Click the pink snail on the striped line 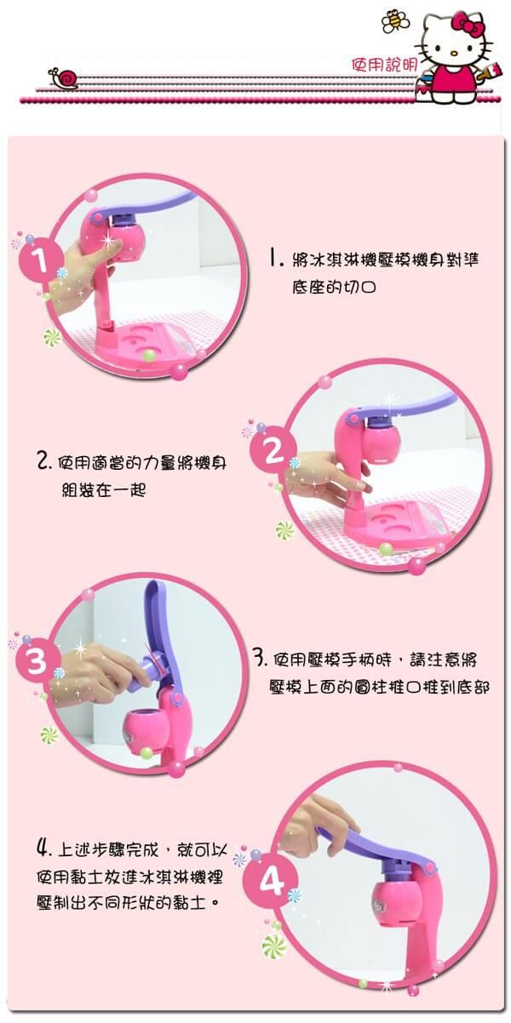(64, 77)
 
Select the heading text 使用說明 (384, 66)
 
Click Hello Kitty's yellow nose (453, 53)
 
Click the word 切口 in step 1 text (359, 288)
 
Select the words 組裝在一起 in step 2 (104, 491)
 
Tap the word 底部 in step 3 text (473, 688)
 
